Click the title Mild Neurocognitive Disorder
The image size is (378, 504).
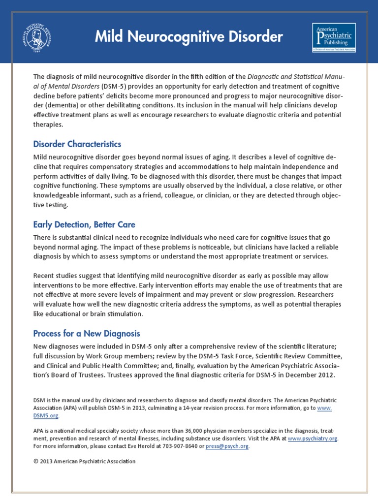coord(189,37)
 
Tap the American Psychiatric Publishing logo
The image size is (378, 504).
coord(334,37)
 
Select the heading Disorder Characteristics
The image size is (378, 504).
coord(77,144)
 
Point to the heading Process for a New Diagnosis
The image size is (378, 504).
coord(87,333)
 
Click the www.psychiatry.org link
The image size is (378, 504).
coord(313,438)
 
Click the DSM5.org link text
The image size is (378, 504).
coord(46,415)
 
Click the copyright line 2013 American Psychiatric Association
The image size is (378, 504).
coord(84,461)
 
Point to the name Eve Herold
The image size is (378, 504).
coord(132,446)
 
